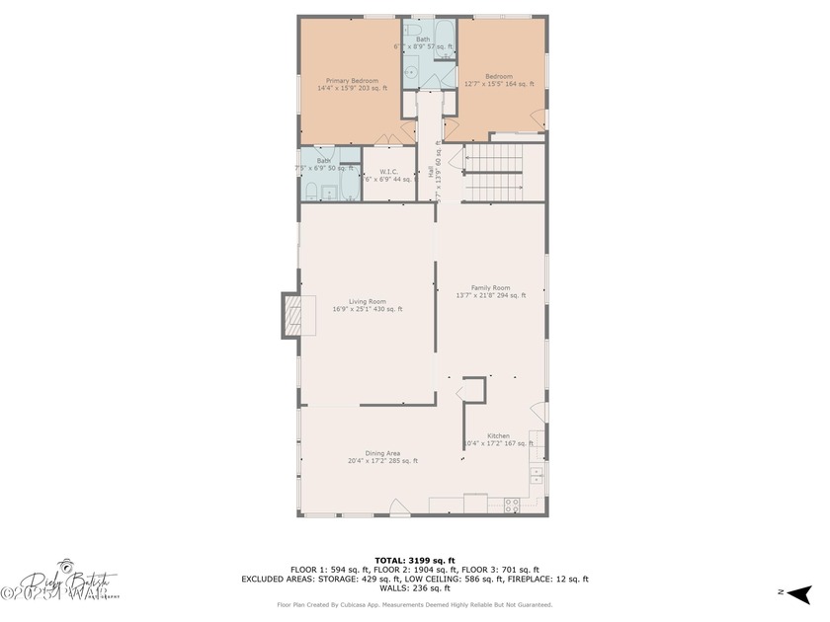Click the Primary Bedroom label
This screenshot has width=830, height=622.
(x=352, y=80)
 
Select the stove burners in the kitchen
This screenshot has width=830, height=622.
(x=512, y=505)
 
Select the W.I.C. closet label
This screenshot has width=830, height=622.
(x=388, y=172)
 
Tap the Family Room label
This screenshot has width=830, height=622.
(x=490, y=287)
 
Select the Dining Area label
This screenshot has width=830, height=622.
(x=381, y=453)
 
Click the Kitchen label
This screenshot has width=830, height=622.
(x=498, y=435)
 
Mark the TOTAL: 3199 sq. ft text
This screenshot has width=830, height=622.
(x=414, y=560)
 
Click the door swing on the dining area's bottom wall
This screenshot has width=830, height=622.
(x=399, y=506)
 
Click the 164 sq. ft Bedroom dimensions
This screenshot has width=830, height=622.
(x=499, y=85)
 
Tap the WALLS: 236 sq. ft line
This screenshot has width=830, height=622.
(x=414, y=588)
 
